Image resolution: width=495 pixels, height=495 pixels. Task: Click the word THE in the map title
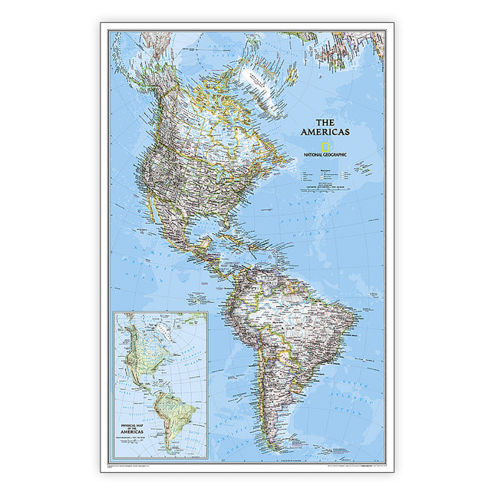point(326,122)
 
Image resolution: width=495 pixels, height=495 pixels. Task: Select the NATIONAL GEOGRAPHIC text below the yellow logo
point(326,155)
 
